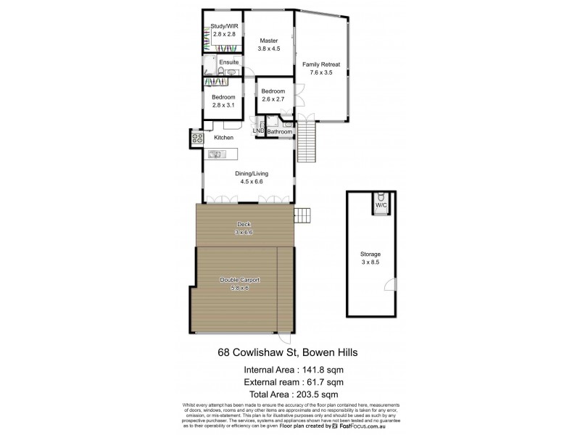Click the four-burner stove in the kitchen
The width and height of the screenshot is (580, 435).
pos(196,136)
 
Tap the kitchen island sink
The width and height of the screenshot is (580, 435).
pos(215,154)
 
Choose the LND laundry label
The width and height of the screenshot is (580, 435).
pos(258,131)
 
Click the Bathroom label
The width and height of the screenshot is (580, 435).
pos(280,132)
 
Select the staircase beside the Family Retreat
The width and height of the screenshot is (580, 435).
pos(310,133)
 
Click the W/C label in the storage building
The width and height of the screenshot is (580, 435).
pos(381,206)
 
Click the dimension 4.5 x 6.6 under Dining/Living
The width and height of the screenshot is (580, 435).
pos(248,182)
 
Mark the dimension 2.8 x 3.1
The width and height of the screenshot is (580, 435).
pos(223,105)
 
